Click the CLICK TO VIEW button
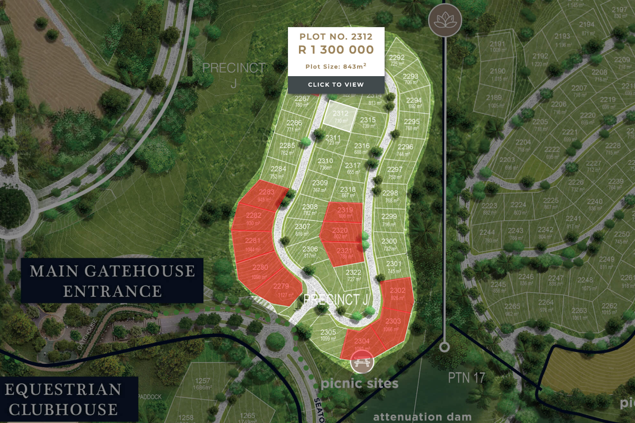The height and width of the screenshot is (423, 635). coord(336,85)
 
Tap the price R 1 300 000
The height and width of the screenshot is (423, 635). coord(336,50)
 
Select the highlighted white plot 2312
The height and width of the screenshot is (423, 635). coord(340,116)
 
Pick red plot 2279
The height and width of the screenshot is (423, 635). coord(281,289)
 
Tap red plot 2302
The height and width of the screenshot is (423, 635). coord(397,293)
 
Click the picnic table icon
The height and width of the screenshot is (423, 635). coord(362,362)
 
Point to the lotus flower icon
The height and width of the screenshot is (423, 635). coord(444,21)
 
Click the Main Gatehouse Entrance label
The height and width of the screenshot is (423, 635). coord(112,281)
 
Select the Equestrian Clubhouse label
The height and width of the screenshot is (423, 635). coord(63,399)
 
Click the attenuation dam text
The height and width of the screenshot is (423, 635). coord(422,417)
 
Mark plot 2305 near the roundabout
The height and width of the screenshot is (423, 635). coord(328,335)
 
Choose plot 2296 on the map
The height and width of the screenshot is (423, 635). coord(405,150)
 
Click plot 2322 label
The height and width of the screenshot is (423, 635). coord(353,275)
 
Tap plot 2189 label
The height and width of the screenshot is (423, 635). coord(494,100)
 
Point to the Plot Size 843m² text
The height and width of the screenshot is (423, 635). coord(336,66)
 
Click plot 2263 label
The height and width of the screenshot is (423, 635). coord(579,314)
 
